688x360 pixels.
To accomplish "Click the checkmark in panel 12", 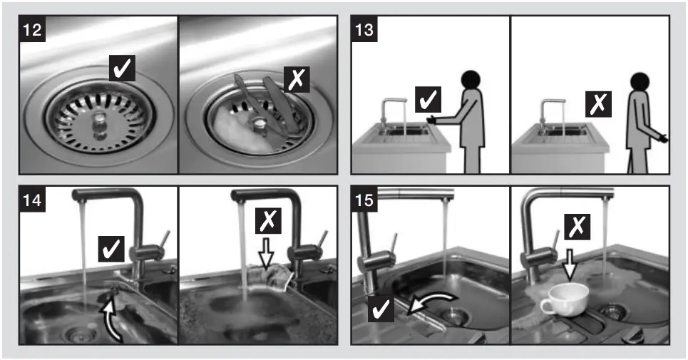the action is point(121,68).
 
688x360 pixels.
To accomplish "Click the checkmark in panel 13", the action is point(428,100).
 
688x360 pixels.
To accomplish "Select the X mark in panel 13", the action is point(597,106).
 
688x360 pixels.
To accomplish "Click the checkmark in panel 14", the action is point(113,249).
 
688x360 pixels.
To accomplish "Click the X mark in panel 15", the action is point(576,227).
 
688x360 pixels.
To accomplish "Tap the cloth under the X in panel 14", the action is point(274,277).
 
